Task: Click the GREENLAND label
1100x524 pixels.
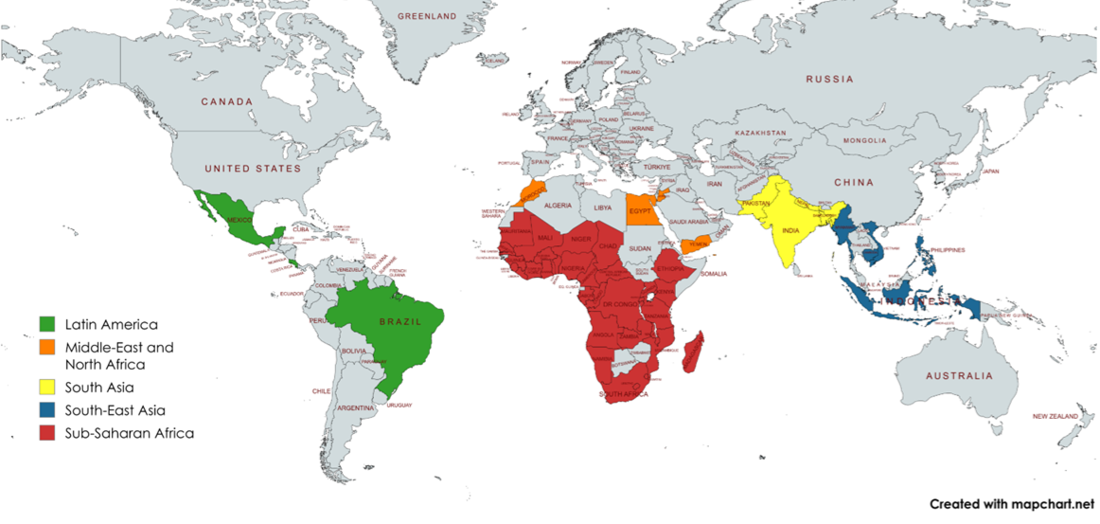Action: click(427, 16)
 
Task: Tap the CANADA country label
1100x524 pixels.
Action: click(226, 101)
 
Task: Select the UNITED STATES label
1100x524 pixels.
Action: click(253, 169)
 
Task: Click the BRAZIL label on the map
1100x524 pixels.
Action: click(399, 322)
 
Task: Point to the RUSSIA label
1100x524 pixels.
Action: click(829, 80)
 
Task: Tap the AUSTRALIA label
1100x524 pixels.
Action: click(959, 376)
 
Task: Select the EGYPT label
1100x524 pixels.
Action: click(641, 210)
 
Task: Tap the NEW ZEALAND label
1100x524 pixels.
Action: click(1055, 416)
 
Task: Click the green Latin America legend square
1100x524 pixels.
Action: click(47, 325)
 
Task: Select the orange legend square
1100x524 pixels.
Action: click(47, 348)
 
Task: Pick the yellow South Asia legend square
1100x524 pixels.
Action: click(47, 387)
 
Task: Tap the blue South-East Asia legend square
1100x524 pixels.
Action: click(47, 410)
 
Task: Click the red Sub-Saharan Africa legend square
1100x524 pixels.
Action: click(47, 433)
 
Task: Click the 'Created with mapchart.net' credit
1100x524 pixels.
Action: click(1011, 504)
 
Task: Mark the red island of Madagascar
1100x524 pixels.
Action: click(694, 352)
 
